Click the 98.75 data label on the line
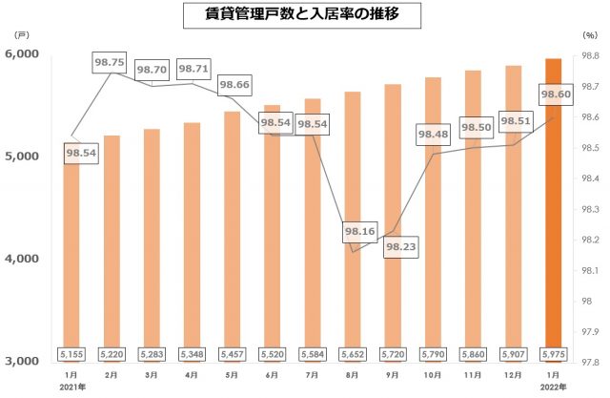[111, 63]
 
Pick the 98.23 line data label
[401, 246]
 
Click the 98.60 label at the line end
[556, 95]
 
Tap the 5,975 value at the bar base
[556, 354]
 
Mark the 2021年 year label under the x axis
[71, 388]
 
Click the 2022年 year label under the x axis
[556, 388]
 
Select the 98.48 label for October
[434, 135]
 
